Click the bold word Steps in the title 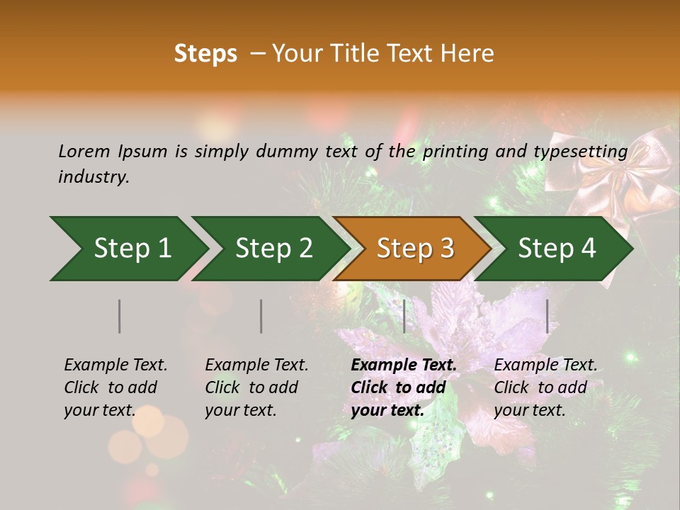pos(205,54)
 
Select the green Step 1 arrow pos(127,248)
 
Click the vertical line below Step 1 pos(120,316)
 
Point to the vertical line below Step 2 pos(261,316)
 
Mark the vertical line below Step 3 pos(404,316)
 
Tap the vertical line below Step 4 pos(548,316)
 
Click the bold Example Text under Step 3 pos(404,365)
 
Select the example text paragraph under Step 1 pos(115,387)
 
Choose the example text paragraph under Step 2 pos(256,387)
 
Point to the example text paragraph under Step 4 pos(545,387)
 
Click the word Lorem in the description pos(84,151)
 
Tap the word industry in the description pos(93,177)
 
